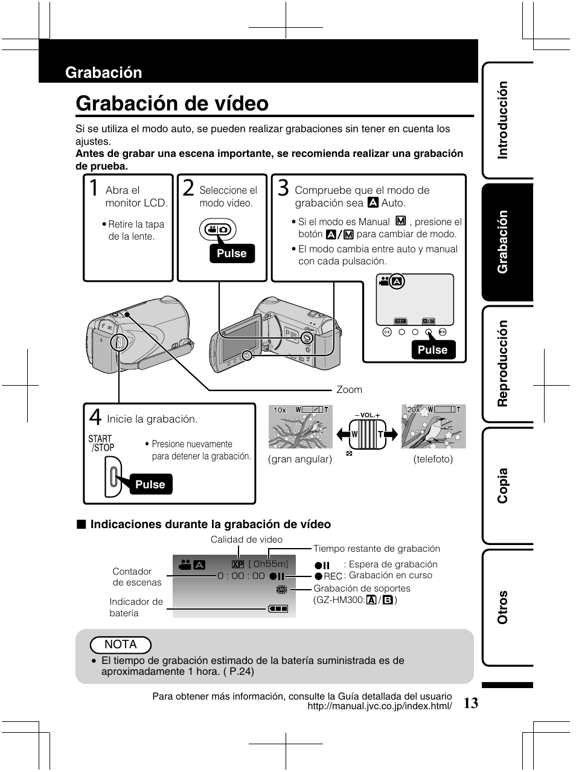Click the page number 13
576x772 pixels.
point(472,703)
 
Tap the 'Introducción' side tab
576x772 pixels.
point(502,120)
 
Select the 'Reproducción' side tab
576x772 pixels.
point(502,364)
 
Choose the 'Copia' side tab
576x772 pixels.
point(502,485)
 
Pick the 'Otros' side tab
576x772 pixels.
point(502,607)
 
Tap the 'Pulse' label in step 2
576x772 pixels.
point(232,254)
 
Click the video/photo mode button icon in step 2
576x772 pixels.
point(218,230)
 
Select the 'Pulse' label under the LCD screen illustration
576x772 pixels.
point(432,350)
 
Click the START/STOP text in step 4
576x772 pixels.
point(101,444)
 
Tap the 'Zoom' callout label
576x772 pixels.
point(349,390)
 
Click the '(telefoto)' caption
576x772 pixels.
point(433,459)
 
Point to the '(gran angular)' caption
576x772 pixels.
point(301,459)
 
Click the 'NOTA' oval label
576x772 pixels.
point(121,645)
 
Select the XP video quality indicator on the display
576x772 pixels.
point(237,564)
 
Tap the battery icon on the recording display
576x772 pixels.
point(278,608)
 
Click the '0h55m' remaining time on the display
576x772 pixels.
point(269,564)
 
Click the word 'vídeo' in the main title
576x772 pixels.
point(238,104)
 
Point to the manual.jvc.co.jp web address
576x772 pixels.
point(380,706)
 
